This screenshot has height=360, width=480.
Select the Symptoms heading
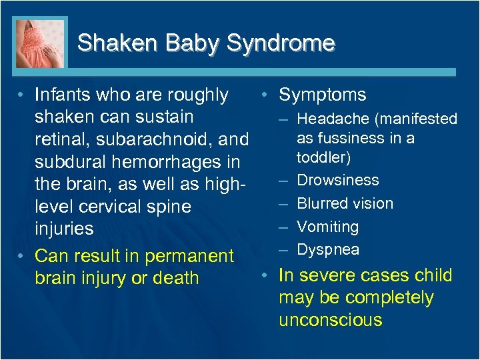point(323,95)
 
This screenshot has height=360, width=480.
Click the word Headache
point(333,119)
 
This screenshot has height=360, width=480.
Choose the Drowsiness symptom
point(338,180)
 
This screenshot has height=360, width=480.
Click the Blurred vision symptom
point(345,203)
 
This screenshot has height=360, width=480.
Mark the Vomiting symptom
point(327,227)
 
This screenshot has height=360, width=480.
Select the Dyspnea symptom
point(328,249)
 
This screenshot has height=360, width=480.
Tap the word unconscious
point(331,320)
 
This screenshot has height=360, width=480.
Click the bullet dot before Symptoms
point(265,95)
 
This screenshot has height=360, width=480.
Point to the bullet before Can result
point(21,256)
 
